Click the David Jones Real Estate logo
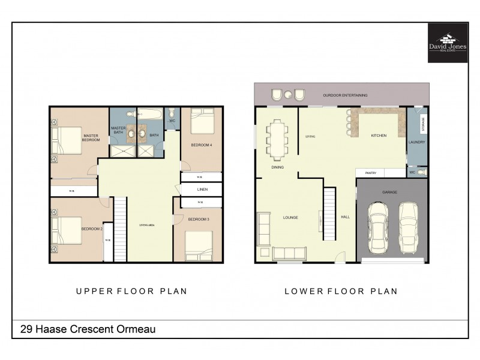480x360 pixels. tap(448, 43)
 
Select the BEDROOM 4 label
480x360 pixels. tap(201, 145)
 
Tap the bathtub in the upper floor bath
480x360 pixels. tap(151, 113)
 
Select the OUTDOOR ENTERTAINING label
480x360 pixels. tap(345, 95)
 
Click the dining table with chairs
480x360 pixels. tap(277, 139)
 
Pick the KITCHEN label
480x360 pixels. tap(379, 136)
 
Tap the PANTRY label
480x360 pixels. tap(370, 173)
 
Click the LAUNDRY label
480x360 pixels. tap(416, 142)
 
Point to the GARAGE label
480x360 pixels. tap(390, 192)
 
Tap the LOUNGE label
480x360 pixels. tap(290, 217)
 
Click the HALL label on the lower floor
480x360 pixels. tap(345, 217)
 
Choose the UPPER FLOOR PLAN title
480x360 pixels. tap(131, 291)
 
